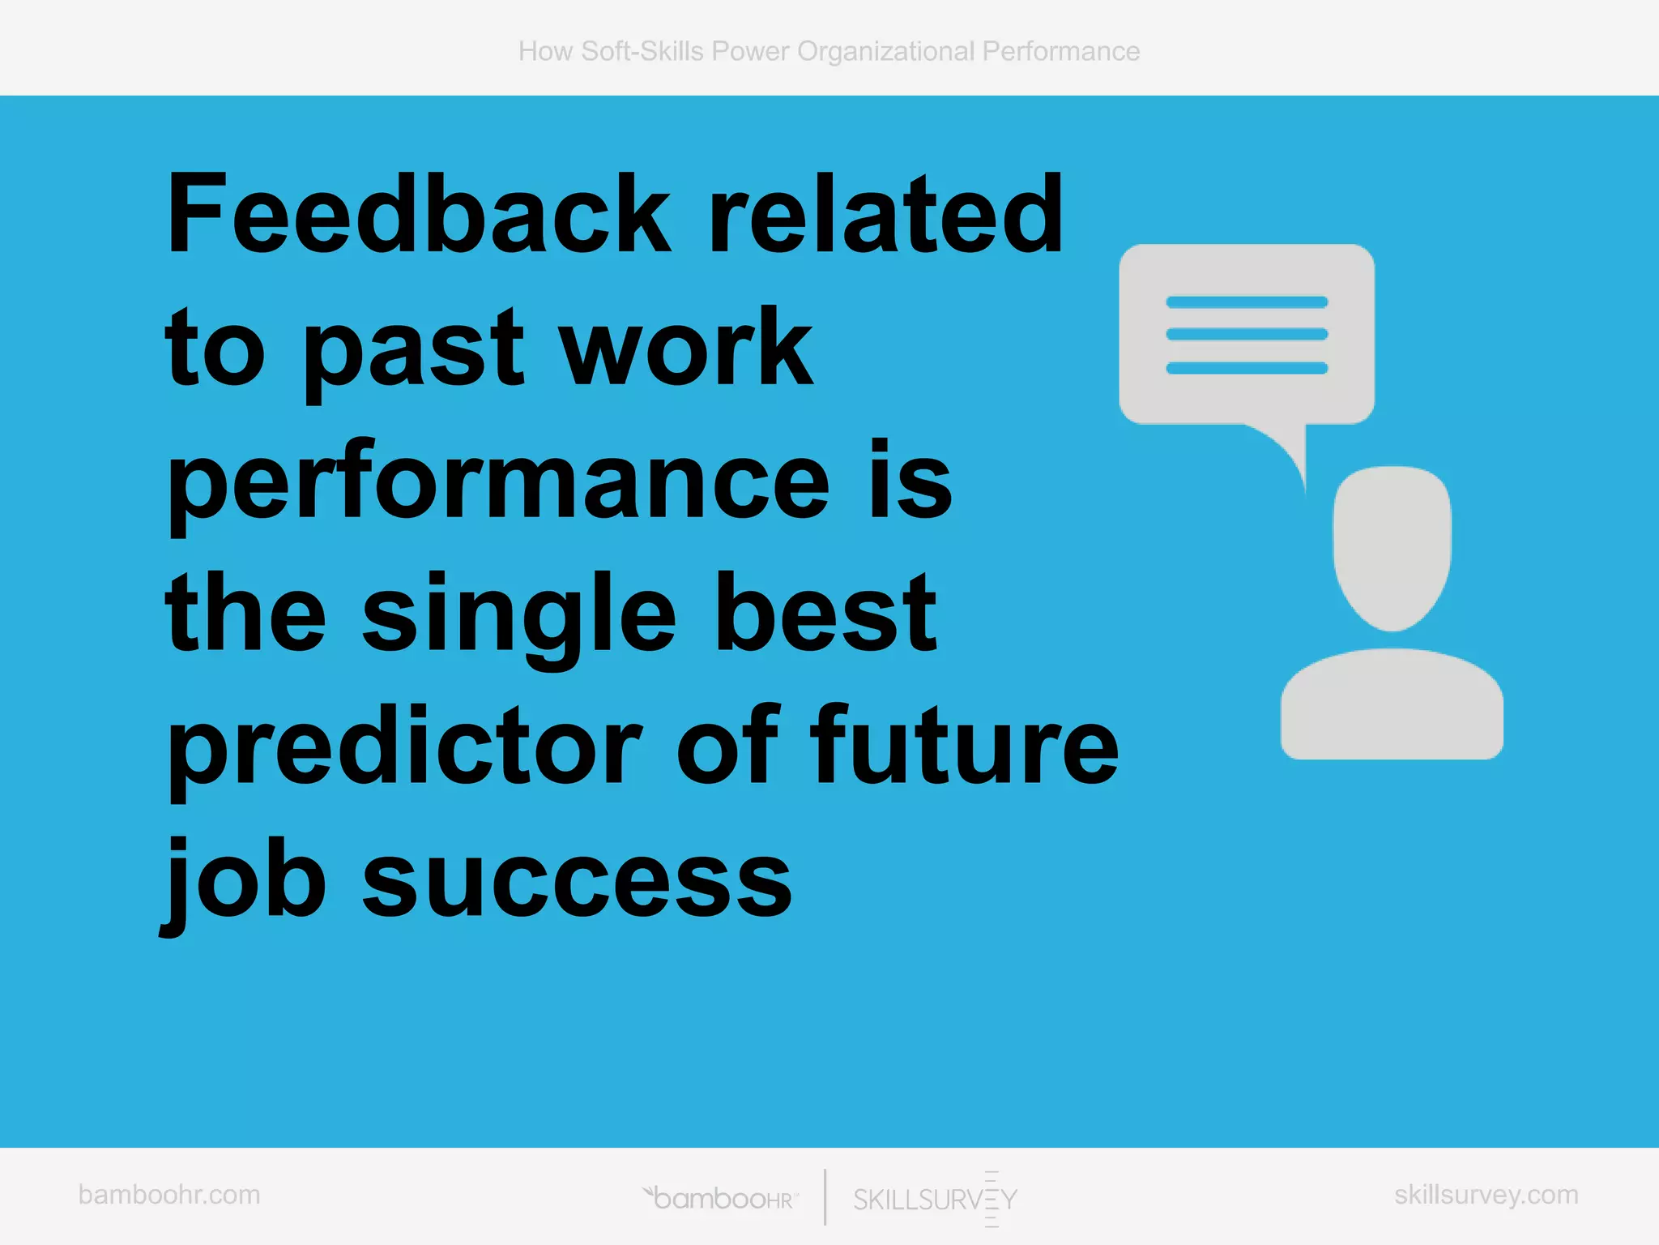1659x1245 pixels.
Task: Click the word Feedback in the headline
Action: [x=418, y=215]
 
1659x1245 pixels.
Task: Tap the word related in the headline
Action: [x=885, y=215]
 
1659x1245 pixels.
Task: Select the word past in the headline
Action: [x=413, y=350]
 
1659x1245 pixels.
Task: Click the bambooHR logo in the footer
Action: [x=721, y=1198]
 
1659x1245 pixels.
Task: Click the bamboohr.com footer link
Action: [x=169, y=1195]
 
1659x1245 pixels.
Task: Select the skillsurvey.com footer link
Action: [x=1486, y=1195]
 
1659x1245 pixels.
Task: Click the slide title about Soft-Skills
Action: [x=829, y=51]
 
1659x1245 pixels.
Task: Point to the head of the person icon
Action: [x=1392, y=546]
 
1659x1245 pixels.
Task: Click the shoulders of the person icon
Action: [x=1392, y=705]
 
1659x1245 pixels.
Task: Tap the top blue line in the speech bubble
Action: [x=1247, y=302]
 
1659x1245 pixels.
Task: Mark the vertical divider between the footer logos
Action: [x=825, y=1197]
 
